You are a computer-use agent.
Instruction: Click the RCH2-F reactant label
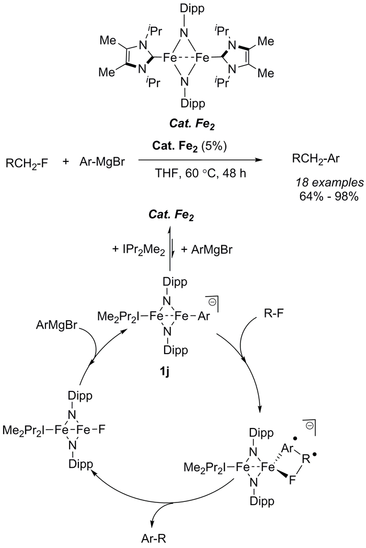pos(27,163)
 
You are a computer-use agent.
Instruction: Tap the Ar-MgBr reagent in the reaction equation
pos(101,162)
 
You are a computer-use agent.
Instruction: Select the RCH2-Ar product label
pos(316,159)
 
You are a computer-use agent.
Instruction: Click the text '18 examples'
pos(330,182)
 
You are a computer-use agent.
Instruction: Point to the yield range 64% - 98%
pos(329,196)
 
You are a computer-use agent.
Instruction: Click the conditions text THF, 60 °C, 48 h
pos(201,173)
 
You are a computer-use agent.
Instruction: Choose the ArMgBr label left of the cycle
pos(58,325)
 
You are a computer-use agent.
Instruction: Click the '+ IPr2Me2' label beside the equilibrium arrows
pos(139,250)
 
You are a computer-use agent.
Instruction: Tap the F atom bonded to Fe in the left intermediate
pos(102,430)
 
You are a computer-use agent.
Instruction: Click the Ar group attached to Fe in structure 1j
pos(204,316)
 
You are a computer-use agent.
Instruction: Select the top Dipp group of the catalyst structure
pos(192,9)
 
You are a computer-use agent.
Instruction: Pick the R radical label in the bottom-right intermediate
pos(306,459)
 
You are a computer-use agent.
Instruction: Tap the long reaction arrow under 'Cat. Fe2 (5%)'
pos(200,160)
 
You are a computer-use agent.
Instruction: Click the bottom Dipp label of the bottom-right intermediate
pos(262,501)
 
